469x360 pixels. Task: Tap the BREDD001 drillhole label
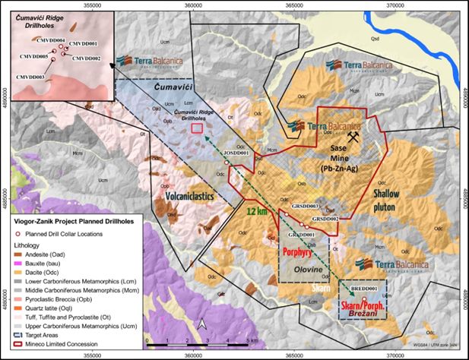pos(364,289)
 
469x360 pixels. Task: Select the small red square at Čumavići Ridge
pos(198,128)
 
